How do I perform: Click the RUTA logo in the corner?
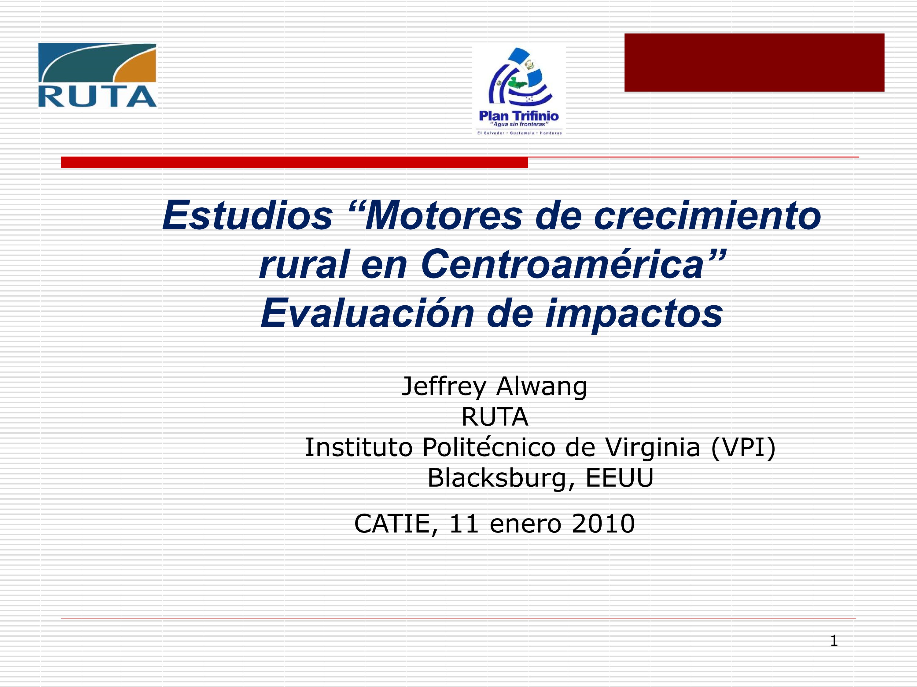pos(98,75)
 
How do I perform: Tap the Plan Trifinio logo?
pos(519,91)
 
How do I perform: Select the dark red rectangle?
pos(754,63)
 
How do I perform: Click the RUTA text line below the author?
pos(495,416)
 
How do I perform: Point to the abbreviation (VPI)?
pos(743,448)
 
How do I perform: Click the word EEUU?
pos(619,478)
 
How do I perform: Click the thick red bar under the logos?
pos(294,162)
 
